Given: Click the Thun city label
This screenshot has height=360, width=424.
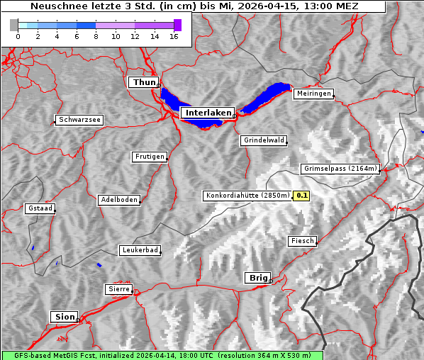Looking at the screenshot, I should [x=143, y=83].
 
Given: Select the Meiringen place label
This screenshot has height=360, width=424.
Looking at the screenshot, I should [x=313, y=94].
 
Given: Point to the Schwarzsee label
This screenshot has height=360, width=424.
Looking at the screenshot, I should [x=79, y=120].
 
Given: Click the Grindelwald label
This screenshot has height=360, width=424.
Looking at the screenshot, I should [x=264, y=140].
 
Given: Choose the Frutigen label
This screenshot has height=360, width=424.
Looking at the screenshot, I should [x=150, y=157].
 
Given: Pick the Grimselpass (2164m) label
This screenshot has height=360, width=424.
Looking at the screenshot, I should [x=340, y=169].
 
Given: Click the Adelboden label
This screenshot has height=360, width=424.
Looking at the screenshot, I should [x=118, y=200].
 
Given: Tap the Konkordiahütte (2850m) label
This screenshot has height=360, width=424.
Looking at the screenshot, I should [x=247, y=196].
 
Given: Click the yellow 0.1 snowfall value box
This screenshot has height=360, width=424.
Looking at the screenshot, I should [x=302, y=196].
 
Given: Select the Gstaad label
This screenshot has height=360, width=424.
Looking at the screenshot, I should [x=40, y=208].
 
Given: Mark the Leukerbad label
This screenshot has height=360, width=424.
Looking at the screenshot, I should [x=140, y=250].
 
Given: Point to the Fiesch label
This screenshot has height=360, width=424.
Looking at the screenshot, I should [x=302, y=241].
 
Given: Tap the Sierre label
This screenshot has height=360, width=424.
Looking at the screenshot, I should [x=118, y=289].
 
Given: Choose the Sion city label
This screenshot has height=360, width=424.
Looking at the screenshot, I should [x=64, y=316].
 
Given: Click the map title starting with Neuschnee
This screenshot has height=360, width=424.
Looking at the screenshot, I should [x=194, y=6].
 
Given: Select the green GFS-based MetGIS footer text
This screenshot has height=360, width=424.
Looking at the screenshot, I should [x=162, y=355].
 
